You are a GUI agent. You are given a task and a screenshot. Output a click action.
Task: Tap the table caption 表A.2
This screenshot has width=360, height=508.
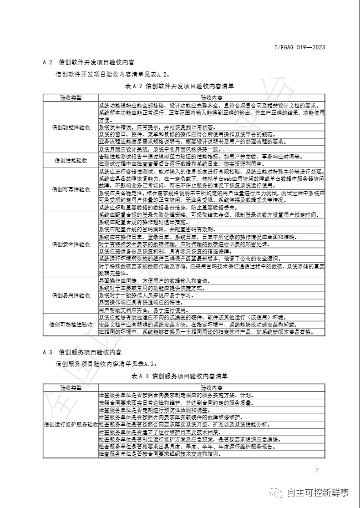pos(180,86)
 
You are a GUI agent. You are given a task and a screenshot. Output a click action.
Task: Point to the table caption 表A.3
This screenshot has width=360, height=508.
pos(180,376)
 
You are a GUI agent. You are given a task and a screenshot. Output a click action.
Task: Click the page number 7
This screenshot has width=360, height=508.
pos(317,471)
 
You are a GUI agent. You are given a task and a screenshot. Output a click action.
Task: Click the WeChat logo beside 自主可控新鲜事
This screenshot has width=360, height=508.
pos(275,492)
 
